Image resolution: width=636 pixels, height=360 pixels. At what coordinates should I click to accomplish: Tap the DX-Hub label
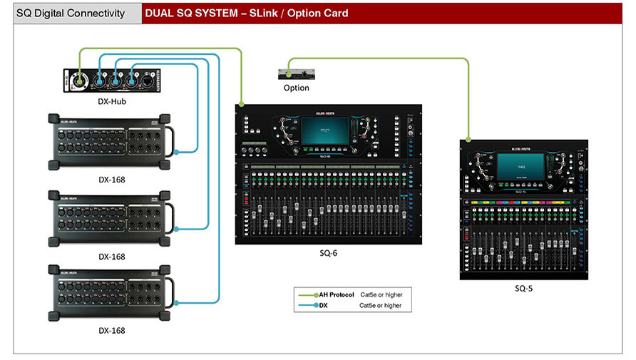pos(112,101)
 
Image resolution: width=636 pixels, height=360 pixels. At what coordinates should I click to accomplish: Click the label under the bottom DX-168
pos(112,331)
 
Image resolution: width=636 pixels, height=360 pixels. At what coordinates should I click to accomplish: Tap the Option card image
pos(296,73)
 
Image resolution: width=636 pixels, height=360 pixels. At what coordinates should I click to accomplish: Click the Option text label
pos(296,88)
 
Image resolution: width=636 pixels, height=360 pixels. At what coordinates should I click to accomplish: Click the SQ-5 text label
pos(523,289)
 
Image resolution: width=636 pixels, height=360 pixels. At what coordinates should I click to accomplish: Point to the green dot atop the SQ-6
pos(242,105)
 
